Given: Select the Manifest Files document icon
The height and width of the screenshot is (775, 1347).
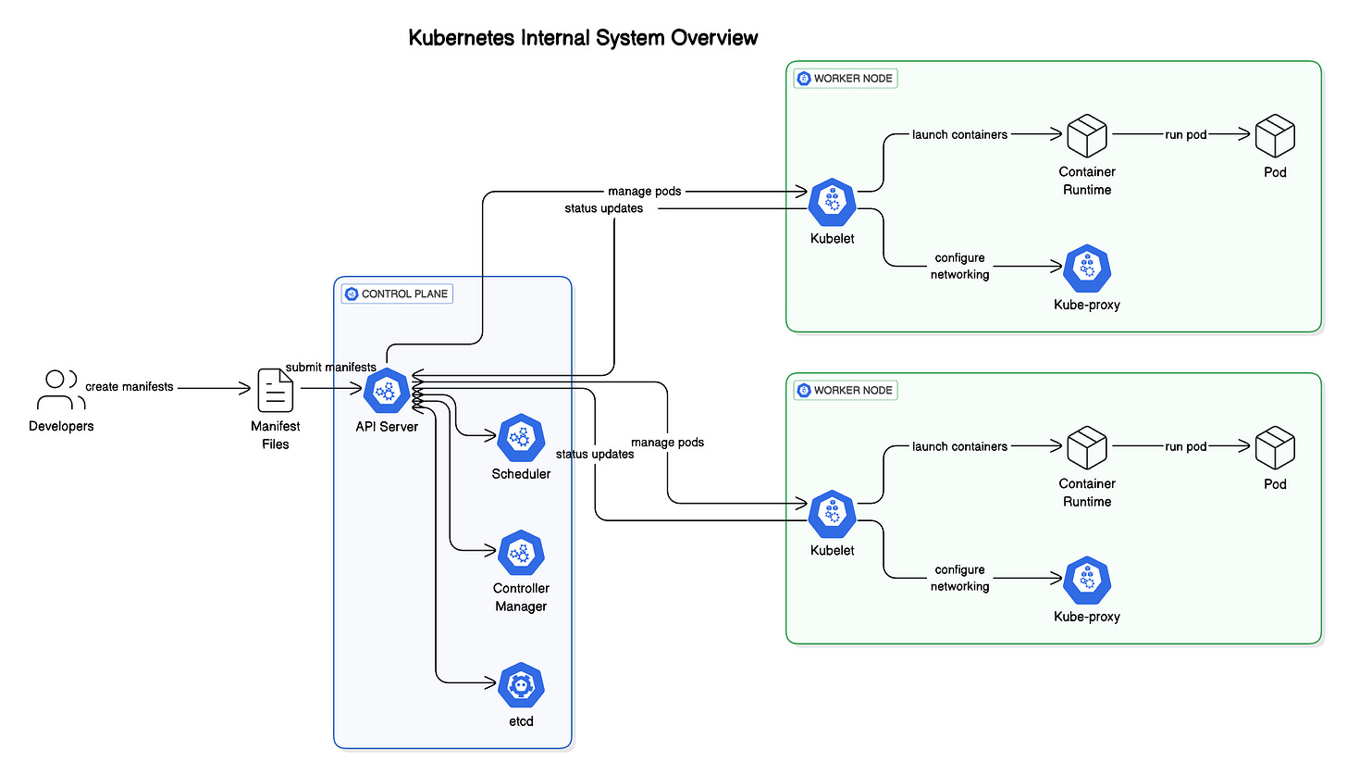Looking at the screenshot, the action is [x=276, y=390].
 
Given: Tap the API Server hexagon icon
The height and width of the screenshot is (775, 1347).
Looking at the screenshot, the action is [x=387, y=391].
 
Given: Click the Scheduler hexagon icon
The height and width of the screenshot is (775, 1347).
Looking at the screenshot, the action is [x=521, y=437].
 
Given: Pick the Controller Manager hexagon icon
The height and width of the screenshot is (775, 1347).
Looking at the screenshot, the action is [x=521, y=553].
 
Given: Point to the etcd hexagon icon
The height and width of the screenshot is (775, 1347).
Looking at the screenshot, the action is [x=521, y=685].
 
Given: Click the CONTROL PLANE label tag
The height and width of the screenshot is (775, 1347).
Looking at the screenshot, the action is [x=397, y=294].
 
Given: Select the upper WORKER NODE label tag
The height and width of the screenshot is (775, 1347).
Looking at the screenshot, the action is [x=846, y=78].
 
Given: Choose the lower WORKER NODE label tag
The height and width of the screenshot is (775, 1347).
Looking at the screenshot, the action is [x=846, y=390].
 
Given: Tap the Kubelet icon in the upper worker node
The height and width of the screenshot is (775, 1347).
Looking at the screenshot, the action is [x=833, y=202].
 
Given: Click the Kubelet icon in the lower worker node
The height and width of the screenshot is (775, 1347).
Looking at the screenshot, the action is [x=833, y=513].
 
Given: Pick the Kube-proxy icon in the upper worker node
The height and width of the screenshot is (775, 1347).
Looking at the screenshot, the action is [x=1087, y=268].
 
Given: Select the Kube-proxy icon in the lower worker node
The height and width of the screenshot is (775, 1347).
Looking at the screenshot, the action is [x=1087, y=580].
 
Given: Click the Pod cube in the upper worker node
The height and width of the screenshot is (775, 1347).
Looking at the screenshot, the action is [x=1275, y=135].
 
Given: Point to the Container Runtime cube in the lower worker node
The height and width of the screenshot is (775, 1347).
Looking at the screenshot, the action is [x=1087, y=447].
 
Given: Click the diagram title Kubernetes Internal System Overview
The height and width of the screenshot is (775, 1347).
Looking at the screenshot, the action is [x=583, y=37].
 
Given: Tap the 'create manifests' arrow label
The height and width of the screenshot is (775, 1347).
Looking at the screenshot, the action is [x=130, y=386].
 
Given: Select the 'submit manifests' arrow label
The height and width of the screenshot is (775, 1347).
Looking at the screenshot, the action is [x=331, y=367].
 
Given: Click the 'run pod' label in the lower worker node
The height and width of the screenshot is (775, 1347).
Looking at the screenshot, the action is [x=1186, y=446].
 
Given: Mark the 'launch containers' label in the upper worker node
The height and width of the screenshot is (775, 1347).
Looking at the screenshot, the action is [x=959, y=134].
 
